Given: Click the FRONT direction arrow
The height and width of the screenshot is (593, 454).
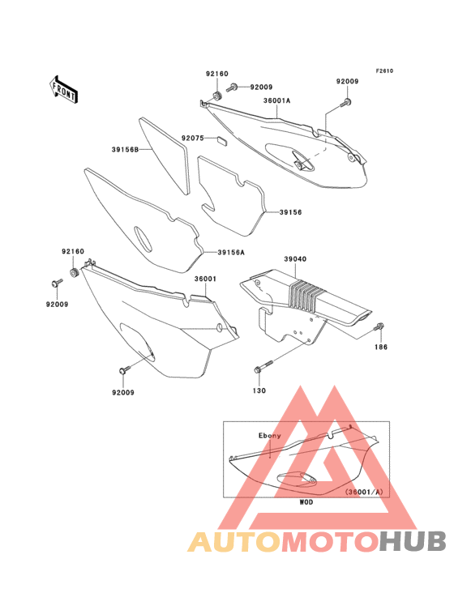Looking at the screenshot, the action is pos(64,89).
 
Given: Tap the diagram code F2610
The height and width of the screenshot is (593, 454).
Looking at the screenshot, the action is pos(384,70).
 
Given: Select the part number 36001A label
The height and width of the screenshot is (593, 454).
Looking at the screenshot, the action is pos(277,100).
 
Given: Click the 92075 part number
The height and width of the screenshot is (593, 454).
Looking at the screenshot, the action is pos(193,138).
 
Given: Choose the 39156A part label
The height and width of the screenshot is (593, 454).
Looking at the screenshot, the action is pos(231,252).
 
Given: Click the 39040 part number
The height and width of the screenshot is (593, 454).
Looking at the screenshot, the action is pos(295,259).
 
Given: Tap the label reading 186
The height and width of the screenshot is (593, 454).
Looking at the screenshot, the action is pos(380,347).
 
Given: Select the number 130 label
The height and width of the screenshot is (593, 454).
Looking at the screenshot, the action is pos(259,390).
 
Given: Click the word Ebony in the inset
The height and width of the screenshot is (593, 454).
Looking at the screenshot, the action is pos(270,436).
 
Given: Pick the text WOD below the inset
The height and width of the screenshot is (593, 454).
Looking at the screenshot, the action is pos(306,502).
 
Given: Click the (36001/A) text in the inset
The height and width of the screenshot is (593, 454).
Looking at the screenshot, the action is pos(364,492).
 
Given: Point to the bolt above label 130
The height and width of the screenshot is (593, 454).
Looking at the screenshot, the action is pos(263,366).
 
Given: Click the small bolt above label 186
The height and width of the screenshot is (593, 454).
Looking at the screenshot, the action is pos(379,326).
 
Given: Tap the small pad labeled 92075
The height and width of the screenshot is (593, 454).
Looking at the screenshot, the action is pos(221,141).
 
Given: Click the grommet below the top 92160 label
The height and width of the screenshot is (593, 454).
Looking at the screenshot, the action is pos(216,96).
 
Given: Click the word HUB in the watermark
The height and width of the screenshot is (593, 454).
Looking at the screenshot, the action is pos(413,541).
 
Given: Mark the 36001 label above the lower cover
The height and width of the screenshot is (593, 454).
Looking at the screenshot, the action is pos(205,279).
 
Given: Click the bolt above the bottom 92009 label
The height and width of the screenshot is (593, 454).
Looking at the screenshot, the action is pos(125,370).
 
